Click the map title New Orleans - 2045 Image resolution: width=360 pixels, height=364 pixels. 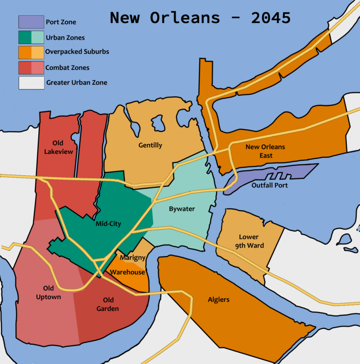(x=200, y=18)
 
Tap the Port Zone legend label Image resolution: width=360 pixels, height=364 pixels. (x=61, y=22)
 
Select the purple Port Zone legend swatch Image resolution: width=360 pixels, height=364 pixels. (x=31, y=22)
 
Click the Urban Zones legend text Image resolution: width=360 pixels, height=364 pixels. (x=65, y=38)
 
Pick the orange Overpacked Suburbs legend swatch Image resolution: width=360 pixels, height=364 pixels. (x=31, y=52)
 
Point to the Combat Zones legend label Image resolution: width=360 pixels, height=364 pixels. (x=67, y=68)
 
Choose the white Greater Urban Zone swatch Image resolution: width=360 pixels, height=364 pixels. (x=31, y=83)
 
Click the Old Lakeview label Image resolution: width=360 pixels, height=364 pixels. (x=58, y=147)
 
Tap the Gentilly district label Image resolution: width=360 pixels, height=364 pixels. (x=150, y=145)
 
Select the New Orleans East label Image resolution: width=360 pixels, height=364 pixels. (x=265, y=151)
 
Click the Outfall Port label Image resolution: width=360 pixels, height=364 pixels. (x=269, y=185)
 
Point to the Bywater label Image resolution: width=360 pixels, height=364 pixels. (x=182, y=209)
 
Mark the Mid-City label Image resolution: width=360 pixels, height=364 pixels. (x=108, y=224)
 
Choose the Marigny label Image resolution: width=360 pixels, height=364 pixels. (x=132, y=258)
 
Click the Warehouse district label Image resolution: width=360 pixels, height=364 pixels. (x=127, y=272)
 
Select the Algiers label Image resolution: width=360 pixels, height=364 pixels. (x=219, y=300)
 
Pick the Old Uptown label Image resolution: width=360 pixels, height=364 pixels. (x=48, y=292)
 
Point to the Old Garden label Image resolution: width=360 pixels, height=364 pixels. (x=108, y=304)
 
